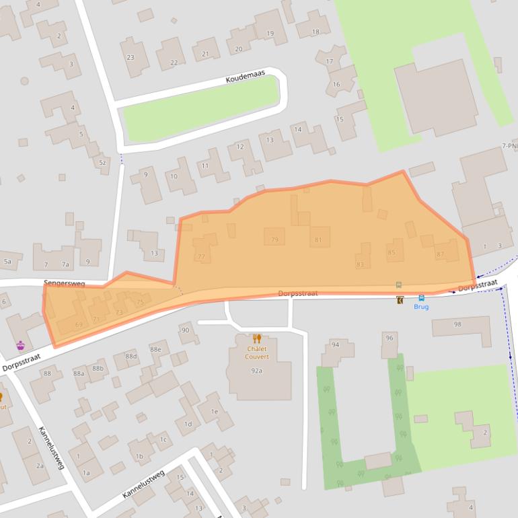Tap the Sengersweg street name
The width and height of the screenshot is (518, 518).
64,284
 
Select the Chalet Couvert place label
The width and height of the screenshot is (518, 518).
257,353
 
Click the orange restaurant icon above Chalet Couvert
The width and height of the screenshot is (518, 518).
256,338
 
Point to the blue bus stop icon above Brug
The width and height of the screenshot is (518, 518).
421,298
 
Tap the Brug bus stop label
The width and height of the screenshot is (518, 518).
421,307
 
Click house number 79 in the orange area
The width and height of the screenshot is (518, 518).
274,239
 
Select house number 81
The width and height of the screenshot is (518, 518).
318,240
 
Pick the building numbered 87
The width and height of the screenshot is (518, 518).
440,254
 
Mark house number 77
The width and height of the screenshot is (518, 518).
201,257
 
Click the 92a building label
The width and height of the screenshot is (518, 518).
256,371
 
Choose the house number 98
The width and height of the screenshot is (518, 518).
457,324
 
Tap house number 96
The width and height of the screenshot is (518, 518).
389,338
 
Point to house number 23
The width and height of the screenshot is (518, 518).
131,58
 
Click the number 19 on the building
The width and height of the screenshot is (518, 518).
270,33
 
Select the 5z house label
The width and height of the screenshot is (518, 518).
102,163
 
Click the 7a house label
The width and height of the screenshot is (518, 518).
65,265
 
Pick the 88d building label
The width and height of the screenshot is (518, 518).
131,357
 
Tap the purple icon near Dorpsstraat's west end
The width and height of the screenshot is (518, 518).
21,346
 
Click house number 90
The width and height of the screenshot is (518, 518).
185,330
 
